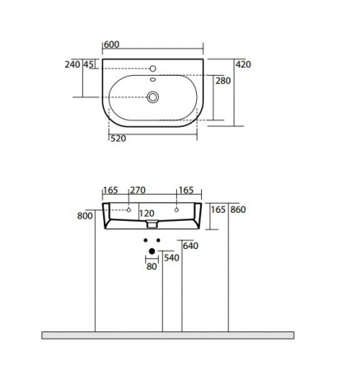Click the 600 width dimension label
(112, 45)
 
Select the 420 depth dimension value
(243, 64)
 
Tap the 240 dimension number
(72, 64)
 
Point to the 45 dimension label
(88, 64)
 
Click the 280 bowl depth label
(223, 81)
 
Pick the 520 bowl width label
(119, 139)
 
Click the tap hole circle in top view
(152, 68)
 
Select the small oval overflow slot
(152, 80)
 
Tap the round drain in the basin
(152, 97)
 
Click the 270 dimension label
(138, 190)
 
